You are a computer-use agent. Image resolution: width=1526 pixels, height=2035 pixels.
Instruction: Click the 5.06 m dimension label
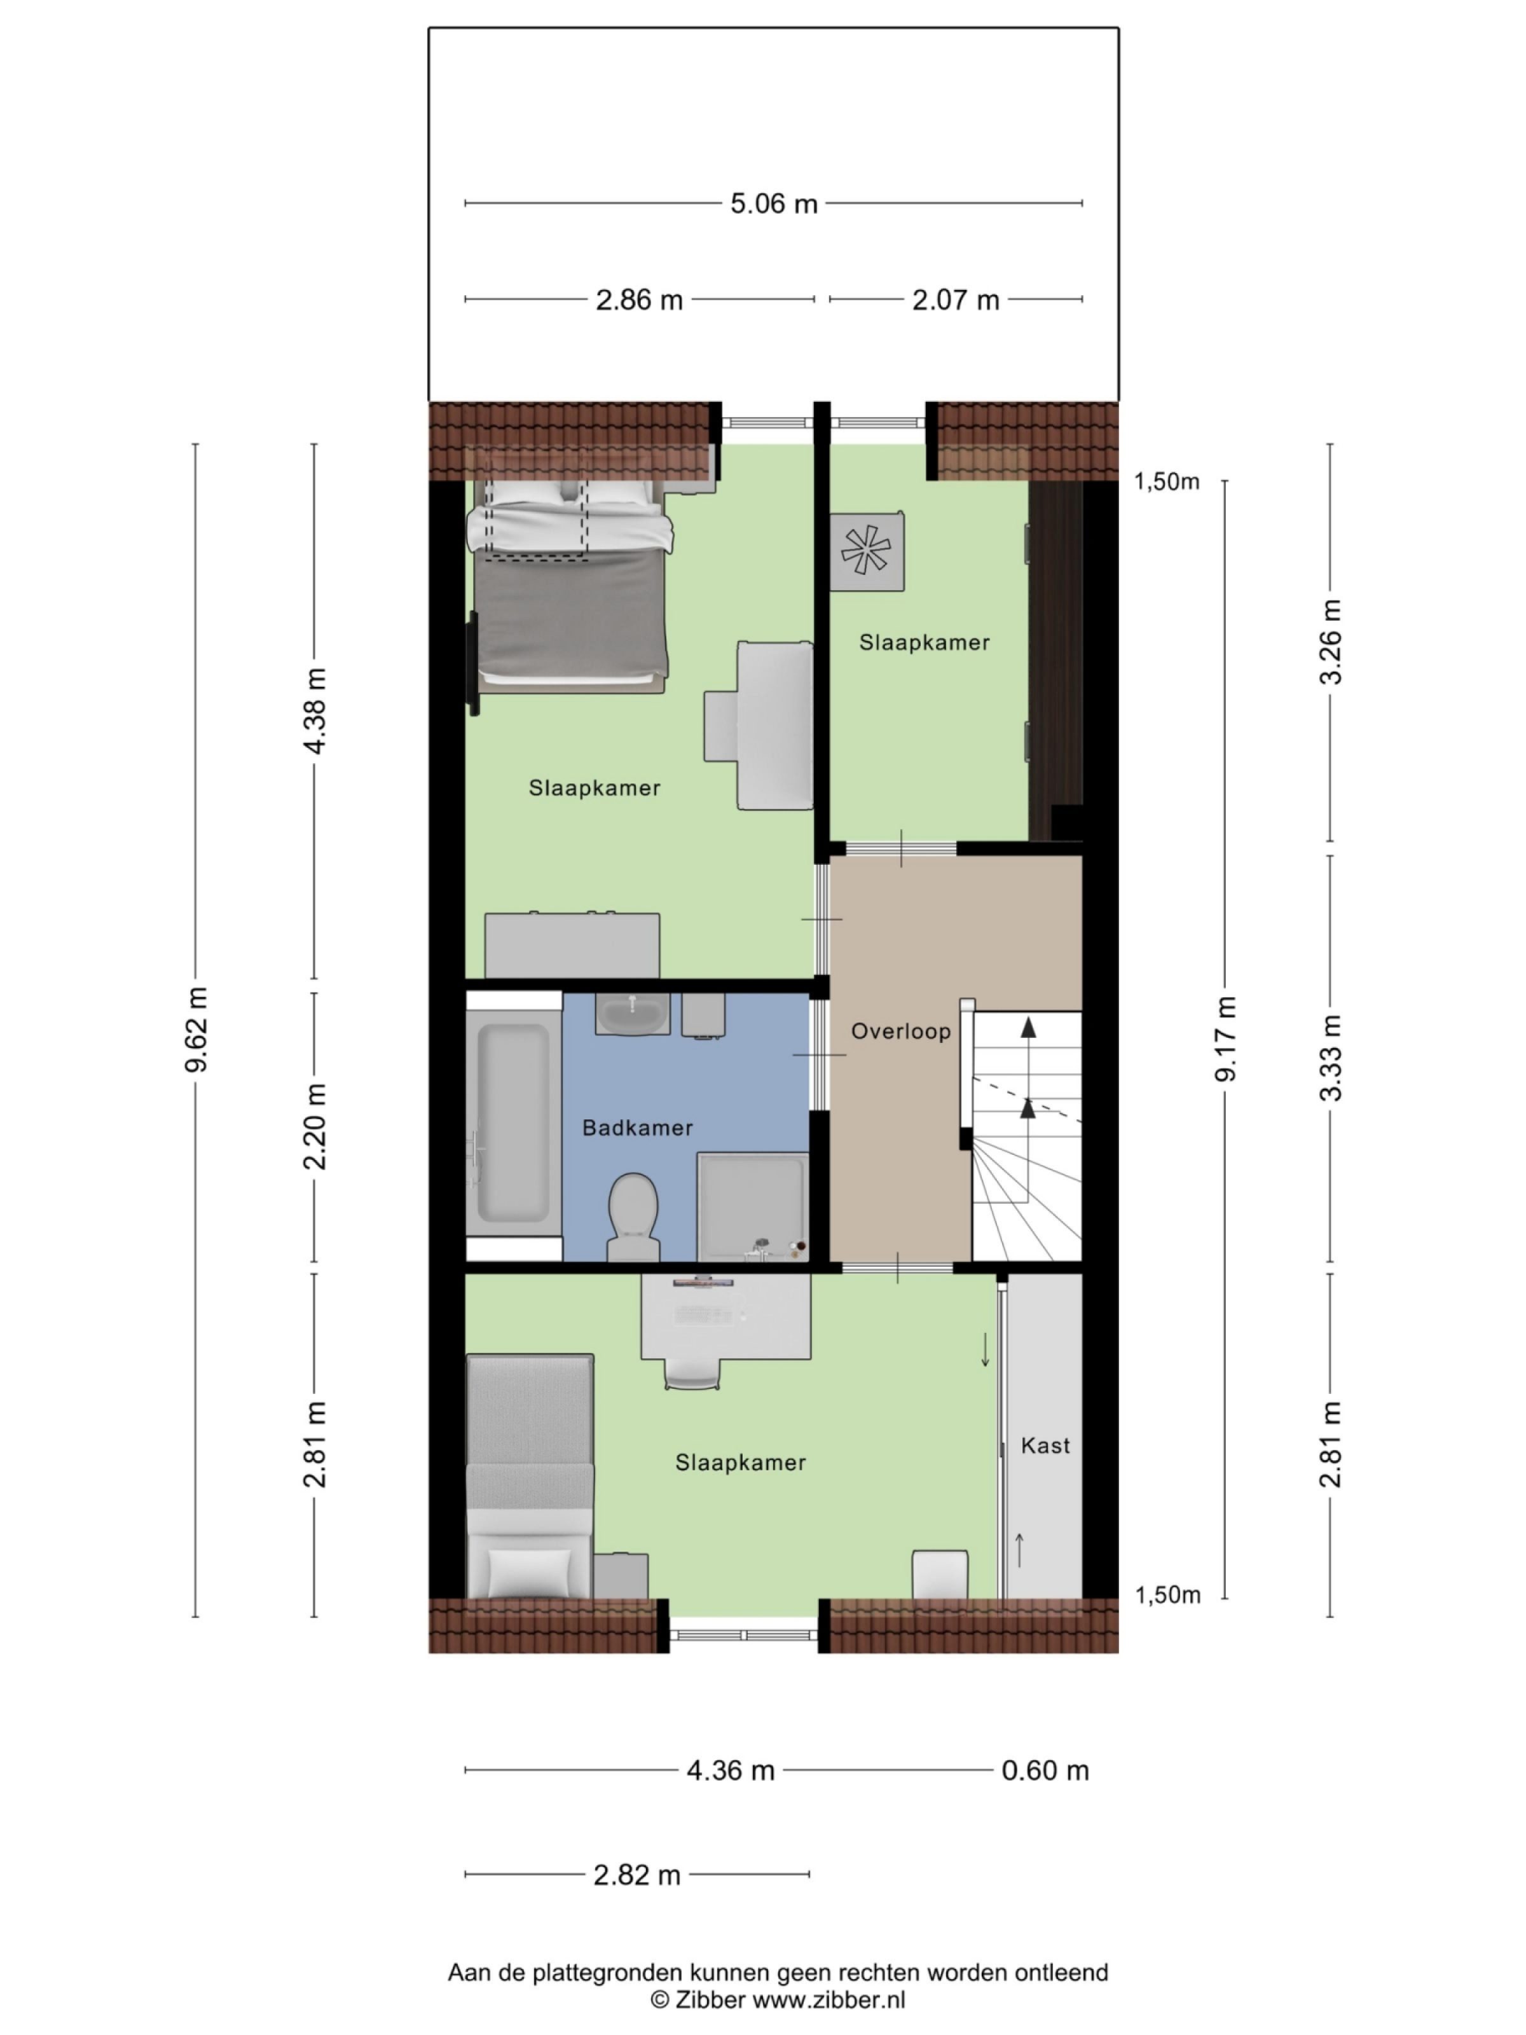[773, 203]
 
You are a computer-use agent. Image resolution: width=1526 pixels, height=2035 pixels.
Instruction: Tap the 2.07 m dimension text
[955, 300]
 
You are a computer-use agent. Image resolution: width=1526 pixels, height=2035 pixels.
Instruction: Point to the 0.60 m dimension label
[1045, 1770]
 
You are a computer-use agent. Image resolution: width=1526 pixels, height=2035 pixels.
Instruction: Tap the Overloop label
[900, 1031]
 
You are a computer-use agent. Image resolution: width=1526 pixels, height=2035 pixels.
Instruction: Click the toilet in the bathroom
[633, 1215]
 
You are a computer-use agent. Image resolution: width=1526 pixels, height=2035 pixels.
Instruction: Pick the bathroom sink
[632, 1015]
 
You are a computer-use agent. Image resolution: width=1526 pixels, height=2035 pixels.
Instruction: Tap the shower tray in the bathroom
[752, 1205]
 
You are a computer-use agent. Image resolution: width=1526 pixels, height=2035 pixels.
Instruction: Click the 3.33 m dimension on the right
[1330, 1058]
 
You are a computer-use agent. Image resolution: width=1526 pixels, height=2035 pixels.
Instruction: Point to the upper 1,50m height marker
[1166, 482]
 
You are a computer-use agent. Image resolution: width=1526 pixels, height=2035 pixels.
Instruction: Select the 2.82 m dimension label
[636, 1875]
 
